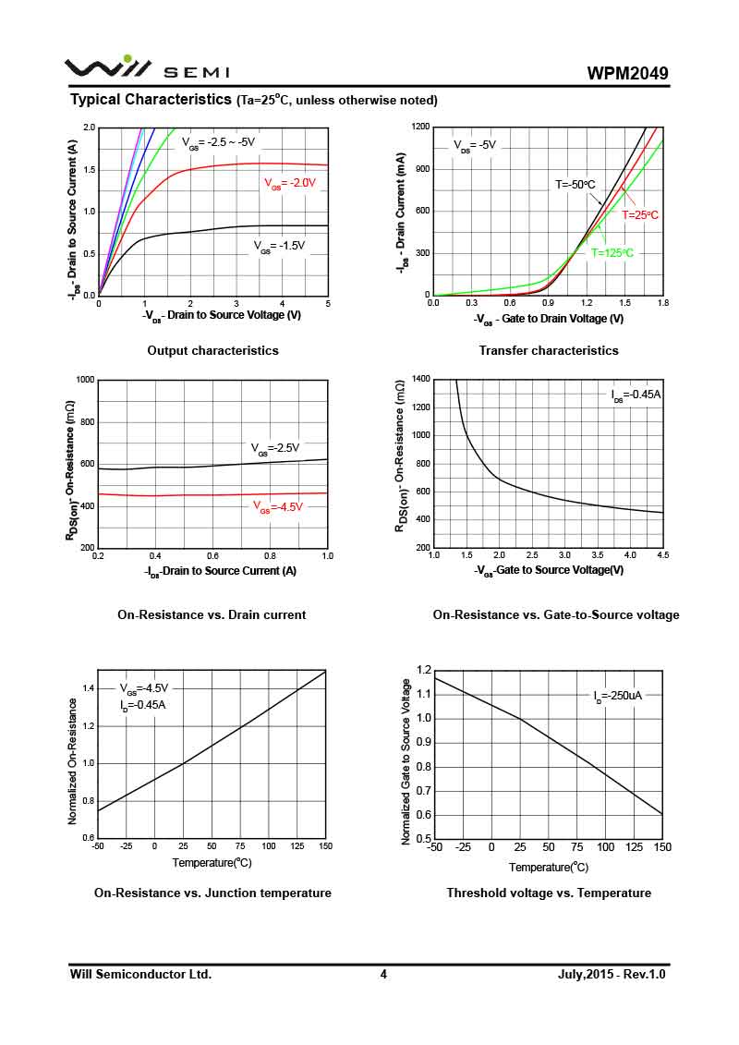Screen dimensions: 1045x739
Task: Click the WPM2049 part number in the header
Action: pyautogui.click(x=627, y=73)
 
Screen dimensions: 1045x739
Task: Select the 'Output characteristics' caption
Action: pyautogui.click(x=212, y=351)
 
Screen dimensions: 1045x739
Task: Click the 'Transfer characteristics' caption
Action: pyautogui.click(x=549, y=351)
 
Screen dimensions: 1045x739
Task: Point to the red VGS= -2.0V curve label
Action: pyautogui.click(x=290, y=183)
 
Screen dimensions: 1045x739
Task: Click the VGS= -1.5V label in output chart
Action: pyautogui.click(x=279, y=246)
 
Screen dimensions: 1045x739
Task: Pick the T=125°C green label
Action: pyautogui.click(x=612, y=252)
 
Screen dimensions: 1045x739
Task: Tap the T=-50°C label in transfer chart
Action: pyautogui.click(x=575, y=185)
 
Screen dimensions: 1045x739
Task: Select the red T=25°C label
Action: pyautogui.click(x=639, y=214)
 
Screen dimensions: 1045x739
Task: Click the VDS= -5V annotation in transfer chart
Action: pyautogui.click(x=475, y=145)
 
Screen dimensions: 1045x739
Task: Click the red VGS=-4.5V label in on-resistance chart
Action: pyautogui.click(x=278, y=506)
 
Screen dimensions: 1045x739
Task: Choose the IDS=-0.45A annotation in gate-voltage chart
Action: pyautogui.click(x=636, y=395)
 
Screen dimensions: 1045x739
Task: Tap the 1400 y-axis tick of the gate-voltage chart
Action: pyautogui.click(x=420, y=379)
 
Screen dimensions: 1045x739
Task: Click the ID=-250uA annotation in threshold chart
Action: pyautogui.click(x=617, y=696)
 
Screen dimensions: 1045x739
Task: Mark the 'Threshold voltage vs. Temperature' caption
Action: pyautogui.click(x=549, y=893)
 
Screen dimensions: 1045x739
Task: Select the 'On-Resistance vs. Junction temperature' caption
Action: pyautogui.click(x=212, y=893)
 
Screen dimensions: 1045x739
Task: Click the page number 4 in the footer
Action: pyautogui.click(x=383, y=975)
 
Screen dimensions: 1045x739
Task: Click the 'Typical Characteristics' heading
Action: pyautogui.click(x=151, y=99)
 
